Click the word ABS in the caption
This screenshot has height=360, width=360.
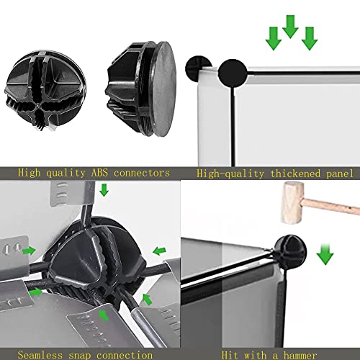point(99,173)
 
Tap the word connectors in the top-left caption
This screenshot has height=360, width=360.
point(142,173)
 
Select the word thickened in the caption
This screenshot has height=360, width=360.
point(295,174)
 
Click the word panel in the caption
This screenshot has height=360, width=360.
point(340,174)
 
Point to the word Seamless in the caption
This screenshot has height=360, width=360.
point(40,355)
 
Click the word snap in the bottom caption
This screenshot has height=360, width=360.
point(80,355)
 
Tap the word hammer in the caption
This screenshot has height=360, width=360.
point(300,355)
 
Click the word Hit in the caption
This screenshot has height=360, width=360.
point(230,355)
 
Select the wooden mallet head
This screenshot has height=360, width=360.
point(292,203)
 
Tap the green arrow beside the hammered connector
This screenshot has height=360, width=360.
point(325,254)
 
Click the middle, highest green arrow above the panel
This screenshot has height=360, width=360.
point(290,27)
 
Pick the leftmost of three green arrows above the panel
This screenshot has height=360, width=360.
point(274,38)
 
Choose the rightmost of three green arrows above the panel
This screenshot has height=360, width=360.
point(310,38)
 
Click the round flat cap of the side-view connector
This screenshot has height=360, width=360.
point(164,89)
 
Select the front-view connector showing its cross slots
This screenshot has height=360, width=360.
point(45,90)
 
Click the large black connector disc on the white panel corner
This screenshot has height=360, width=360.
point(233,73)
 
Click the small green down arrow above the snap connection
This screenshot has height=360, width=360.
point(104,190)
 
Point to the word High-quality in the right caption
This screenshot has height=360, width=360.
point(230,174)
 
